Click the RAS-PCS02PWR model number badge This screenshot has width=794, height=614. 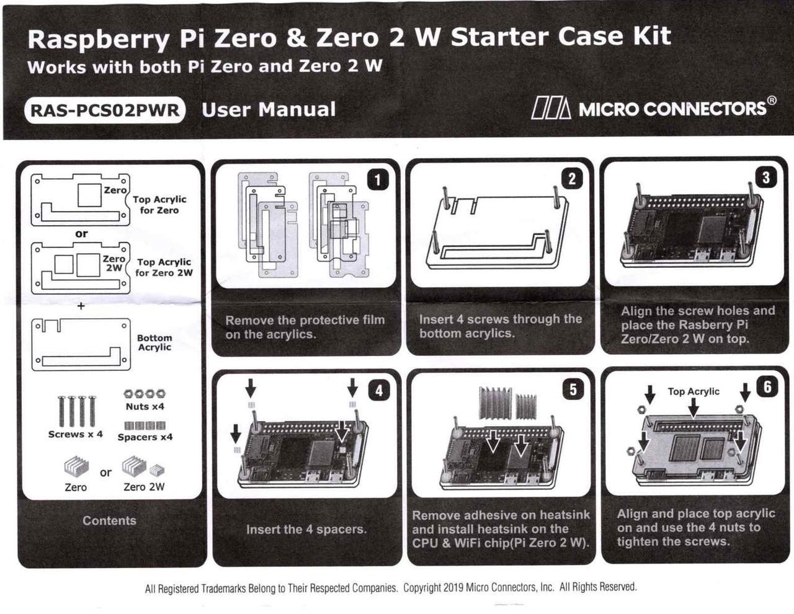(x=105, y=110)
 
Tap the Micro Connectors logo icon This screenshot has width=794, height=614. (x=551, y=109)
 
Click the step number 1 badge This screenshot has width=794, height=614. (x=378, y=180)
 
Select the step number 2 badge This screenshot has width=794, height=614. (x=572, y=179)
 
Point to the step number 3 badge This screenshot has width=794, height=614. (x=766, y=177)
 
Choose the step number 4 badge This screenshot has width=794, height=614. (x=378, y=390)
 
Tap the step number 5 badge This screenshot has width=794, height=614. (x=573, y=389)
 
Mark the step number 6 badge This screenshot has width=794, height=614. (x=767, y=387)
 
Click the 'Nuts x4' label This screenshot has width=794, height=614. (x=145, y=407)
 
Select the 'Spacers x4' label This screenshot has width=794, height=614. (x=145, y=437)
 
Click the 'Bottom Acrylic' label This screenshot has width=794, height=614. (x=154, y=342)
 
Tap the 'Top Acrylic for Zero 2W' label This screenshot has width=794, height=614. (x=164, y=267)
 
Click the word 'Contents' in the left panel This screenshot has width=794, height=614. (x=109, y=521)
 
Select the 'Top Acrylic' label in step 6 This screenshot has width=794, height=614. (x=694, y=391)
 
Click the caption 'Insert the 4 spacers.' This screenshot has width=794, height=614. (x=306, y=530)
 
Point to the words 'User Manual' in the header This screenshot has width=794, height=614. (x=269, y=110)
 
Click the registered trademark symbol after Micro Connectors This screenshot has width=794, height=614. (x=772, y=100)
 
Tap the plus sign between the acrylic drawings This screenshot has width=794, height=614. (x=81, y=306)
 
